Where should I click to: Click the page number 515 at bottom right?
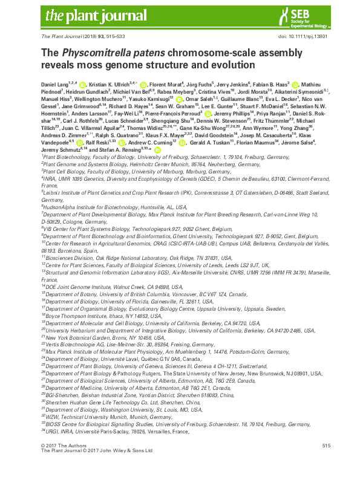tap(327, 462)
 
